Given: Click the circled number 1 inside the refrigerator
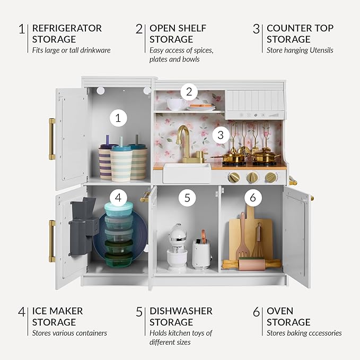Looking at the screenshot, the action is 118,118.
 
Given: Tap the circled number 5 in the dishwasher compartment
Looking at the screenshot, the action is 187,198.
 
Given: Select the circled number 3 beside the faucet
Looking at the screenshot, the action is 221,135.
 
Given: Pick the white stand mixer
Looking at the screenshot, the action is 177,247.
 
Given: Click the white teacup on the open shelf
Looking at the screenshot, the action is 175,104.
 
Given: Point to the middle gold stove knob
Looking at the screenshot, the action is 252,177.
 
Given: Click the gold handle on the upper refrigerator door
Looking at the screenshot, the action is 52,139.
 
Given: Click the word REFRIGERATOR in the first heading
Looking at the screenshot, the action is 67,28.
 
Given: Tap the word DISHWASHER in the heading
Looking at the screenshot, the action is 181,311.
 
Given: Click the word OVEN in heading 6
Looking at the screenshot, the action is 280,311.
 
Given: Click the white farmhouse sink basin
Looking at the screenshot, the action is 187,173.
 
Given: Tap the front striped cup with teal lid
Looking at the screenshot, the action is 121,163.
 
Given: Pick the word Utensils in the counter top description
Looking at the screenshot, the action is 321,50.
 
